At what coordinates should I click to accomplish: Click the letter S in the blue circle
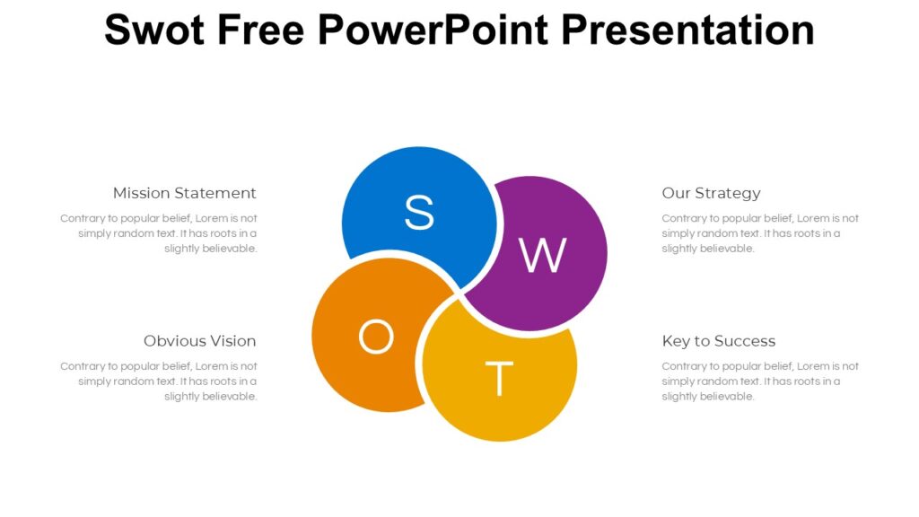[419, 213]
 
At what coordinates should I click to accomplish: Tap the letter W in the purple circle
[543, 256]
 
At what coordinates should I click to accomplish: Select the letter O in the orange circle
[376, 337]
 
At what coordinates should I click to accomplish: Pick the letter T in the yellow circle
[499, 379]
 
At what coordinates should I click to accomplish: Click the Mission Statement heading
[184, 193]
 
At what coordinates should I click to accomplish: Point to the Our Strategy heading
[711, 193]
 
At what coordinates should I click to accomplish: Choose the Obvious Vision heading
[199, 341]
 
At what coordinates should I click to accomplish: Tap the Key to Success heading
[718, 341]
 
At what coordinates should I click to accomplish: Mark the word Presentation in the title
[687, 30]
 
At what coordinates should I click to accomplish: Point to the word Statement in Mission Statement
[215, 193]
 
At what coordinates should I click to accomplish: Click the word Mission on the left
[142, 193]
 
